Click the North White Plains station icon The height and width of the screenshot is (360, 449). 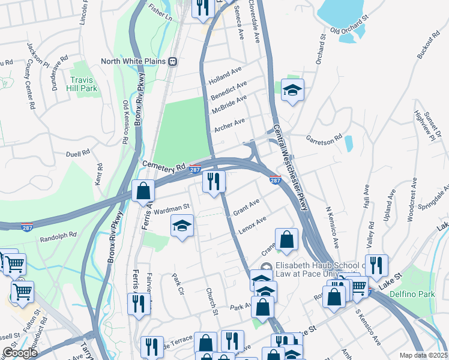click(x=173, y=61)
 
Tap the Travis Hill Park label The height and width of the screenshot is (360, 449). click(x=83, y=84)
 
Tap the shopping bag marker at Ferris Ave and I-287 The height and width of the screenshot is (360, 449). click(x=143, y=191)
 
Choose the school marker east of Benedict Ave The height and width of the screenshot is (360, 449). click(x=292, y=91)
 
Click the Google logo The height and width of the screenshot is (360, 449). click(x=20, y=353)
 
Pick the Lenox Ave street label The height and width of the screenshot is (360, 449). click(x=252, y=223)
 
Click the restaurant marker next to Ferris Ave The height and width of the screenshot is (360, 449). click(x=139, y=303)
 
